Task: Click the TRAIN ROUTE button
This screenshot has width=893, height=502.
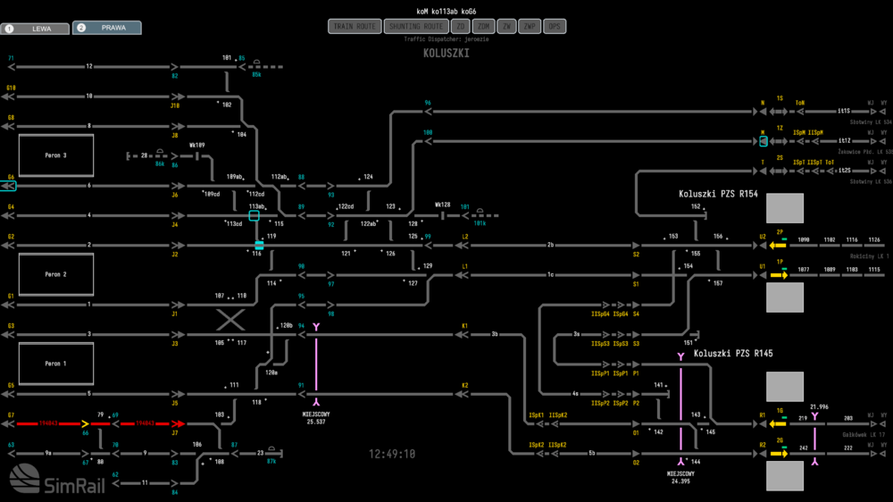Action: click(x=355, y=27)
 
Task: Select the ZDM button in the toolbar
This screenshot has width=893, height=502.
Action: click(x=483, y=27)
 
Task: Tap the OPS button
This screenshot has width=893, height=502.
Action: click(x=555, y=27)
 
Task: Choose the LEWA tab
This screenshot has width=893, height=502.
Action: click(x=35, y=29)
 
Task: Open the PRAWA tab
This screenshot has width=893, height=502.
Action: click(x=106, y=28)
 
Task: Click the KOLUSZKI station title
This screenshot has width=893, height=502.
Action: click(x=446, y=54)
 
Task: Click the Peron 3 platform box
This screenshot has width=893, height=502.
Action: click(x=55, y=155)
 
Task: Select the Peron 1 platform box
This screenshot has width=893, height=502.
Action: click(x=55, y=364)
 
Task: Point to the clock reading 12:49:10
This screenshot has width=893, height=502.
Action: click(x=392, y=454)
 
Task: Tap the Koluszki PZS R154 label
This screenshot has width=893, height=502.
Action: click(x=718, y=194)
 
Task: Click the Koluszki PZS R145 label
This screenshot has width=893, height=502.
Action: click(x=732, y=354)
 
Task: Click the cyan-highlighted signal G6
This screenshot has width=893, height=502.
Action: click(x=10, y=186)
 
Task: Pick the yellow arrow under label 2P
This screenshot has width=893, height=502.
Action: click(x=778, y=245)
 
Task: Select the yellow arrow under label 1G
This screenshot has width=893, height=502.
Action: click(x=778, y=424)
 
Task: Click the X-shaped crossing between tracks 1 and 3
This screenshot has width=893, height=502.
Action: click(x=230, y=320)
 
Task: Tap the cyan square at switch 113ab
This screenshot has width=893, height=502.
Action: click(x=255, y=215)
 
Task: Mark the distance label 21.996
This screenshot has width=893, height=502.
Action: click(x=819, y=407)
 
